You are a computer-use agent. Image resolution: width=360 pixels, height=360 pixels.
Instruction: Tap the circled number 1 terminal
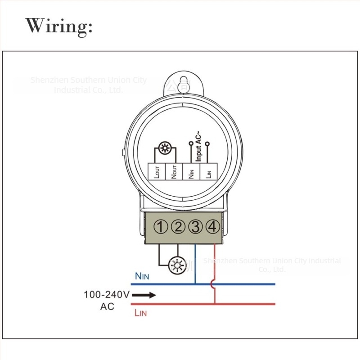[x=161, y=227]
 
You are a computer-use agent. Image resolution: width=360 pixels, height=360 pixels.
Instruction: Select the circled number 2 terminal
[x=178, y=227]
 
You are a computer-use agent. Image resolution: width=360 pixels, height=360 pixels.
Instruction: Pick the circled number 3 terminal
[x=196, y=227]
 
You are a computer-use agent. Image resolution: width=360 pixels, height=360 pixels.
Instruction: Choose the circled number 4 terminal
[x=213, y=227]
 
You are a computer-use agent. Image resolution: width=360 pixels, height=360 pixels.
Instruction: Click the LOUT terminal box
[x=157, y=172]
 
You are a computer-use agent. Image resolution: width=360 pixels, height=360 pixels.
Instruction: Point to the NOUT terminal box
[x=174, y=172]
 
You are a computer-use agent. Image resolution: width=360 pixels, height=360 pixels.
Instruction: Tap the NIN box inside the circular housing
[x=191, y=172]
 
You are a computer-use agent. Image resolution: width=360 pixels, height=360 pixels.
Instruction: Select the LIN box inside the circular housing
[x=208, y=172]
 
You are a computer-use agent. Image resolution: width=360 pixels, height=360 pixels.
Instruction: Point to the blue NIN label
[x=142, y=276]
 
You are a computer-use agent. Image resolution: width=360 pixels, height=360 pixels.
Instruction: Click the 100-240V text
[x=107, y=295]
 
